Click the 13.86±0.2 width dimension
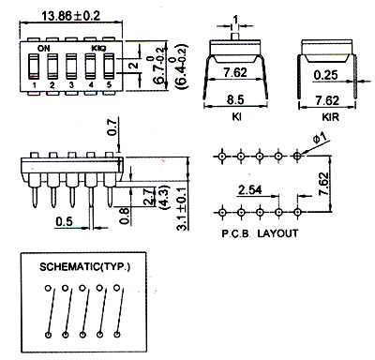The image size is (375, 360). coord(71,15)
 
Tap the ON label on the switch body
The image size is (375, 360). coord(43,49)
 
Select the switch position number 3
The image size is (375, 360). coord(71,85)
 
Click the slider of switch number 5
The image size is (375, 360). coord(109,66)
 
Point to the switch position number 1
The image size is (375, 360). coord(34,85)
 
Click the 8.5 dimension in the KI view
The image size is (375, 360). coord(235,100)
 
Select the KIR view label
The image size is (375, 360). coord(330,117)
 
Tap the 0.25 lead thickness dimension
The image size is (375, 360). coord(326,75)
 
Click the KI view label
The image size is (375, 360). coord(236,117)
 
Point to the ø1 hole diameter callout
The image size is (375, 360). coord(320,138)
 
